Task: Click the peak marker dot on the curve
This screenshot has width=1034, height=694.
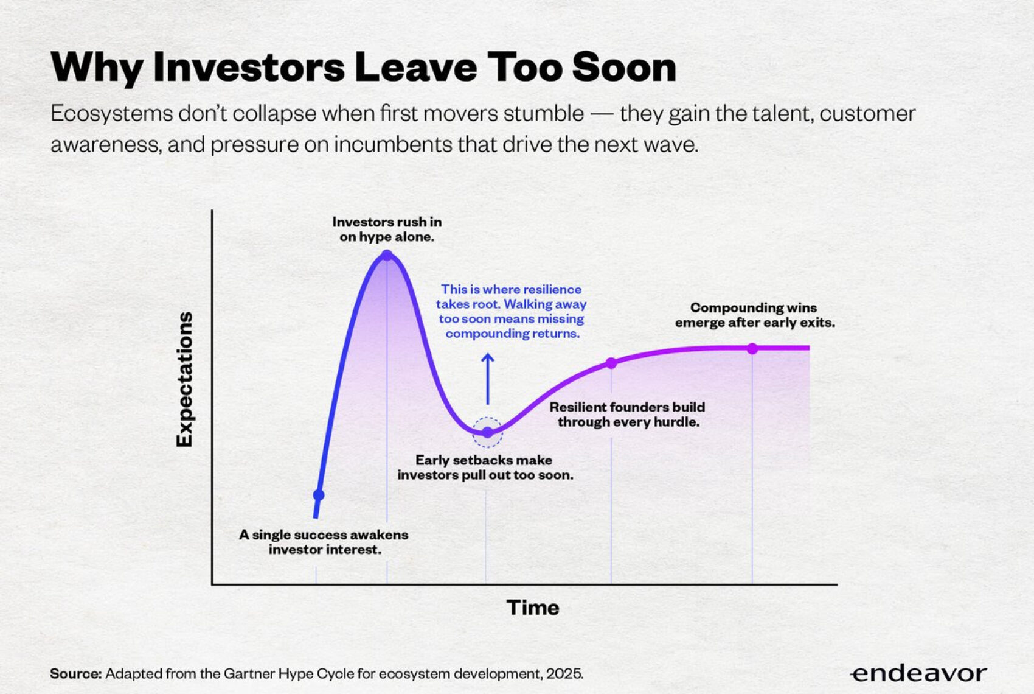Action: click(x=387, y=255)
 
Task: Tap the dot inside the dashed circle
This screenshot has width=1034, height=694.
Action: click(x=487, y=432)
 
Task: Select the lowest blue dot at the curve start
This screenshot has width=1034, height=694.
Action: click(x=318, y=495)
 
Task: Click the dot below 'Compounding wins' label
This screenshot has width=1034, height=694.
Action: click(x=752, y=348)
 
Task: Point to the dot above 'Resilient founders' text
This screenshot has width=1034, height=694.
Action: click(x=611, y=363)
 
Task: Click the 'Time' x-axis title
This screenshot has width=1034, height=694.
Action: click(x=533, y=608)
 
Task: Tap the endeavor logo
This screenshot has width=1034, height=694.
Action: click(x=918, y=673)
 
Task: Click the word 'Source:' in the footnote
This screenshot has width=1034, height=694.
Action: click(x=75, y=674)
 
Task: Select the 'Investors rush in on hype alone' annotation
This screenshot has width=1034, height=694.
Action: click(x=387, y=230)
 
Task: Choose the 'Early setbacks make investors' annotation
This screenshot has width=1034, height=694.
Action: click(x=485, y=468)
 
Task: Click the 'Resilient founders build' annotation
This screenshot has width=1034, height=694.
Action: click(x=628, y=415)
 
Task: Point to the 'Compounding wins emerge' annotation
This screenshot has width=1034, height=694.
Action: click(x=754, y=315)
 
